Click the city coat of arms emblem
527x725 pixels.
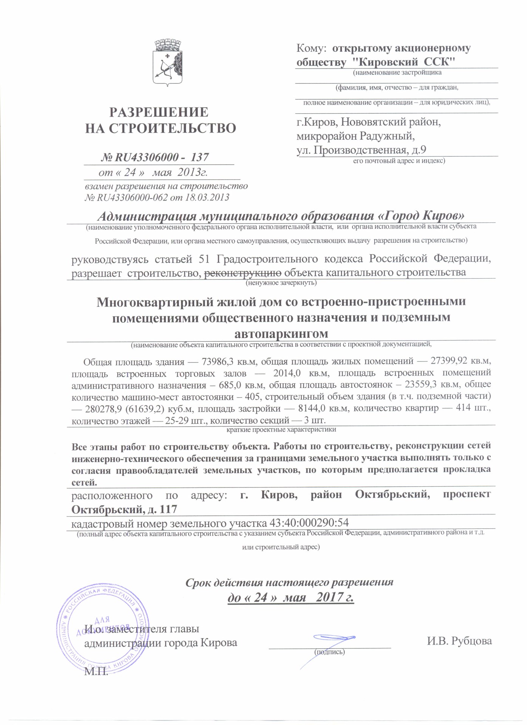click(x=167, y=63)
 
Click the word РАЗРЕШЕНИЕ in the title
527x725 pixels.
click(x=159, y=112)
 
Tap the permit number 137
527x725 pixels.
click(x=199, y=157)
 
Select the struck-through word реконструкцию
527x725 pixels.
click(x=243, y=273)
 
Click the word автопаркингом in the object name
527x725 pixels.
click(x=281, y=334)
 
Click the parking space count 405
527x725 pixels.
click(x=252, y=396)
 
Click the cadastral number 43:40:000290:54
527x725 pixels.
click(x=309, y=523)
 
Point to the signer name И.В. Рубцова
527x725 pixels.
click(x=459, y=641)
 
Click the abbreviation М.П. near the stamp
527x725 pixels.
click(x=96, y=672)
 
